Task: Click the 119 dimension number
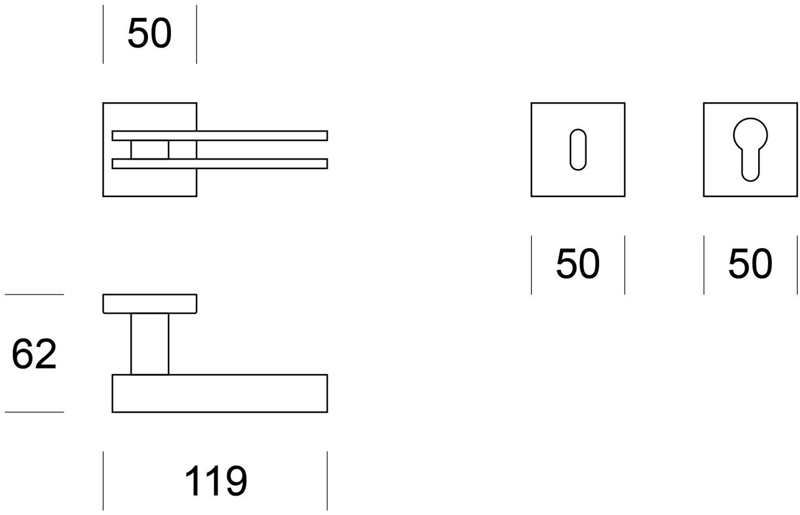[x=216, y=480]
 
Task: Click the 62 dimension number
[x=34, y=354]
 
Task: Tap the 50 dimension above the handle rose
[x=150, y=32]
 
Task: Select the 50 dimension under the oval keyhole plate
[x=578, y=263]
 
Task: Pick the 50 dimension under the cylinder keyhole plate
[x=750, y=263]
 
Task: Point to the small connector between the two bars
[x=150, y=150]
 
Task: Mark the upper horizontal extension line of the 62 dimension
[x=34, y=294]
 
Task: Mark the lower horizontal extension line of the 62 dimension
[x=34, y=412]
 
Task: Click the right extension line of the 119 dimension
[x=327, y=481]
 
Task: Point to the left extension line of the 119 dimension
[x=103, y=481]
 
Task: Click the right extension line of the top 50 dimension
[x=197, y=34]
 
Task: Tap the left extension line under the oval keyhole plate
[x=532, y=265]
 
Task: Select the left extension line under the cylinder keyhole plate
[x=704, y=265]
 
